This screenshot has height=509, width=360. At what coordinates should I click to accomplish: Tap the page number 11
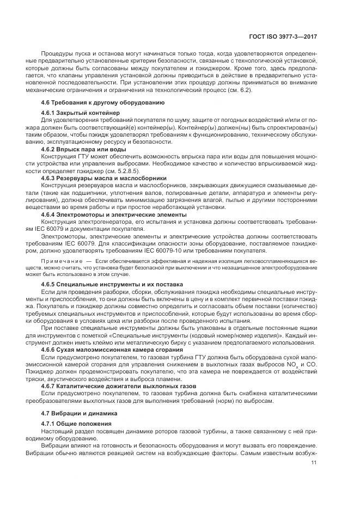click(x=314, y=463)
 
